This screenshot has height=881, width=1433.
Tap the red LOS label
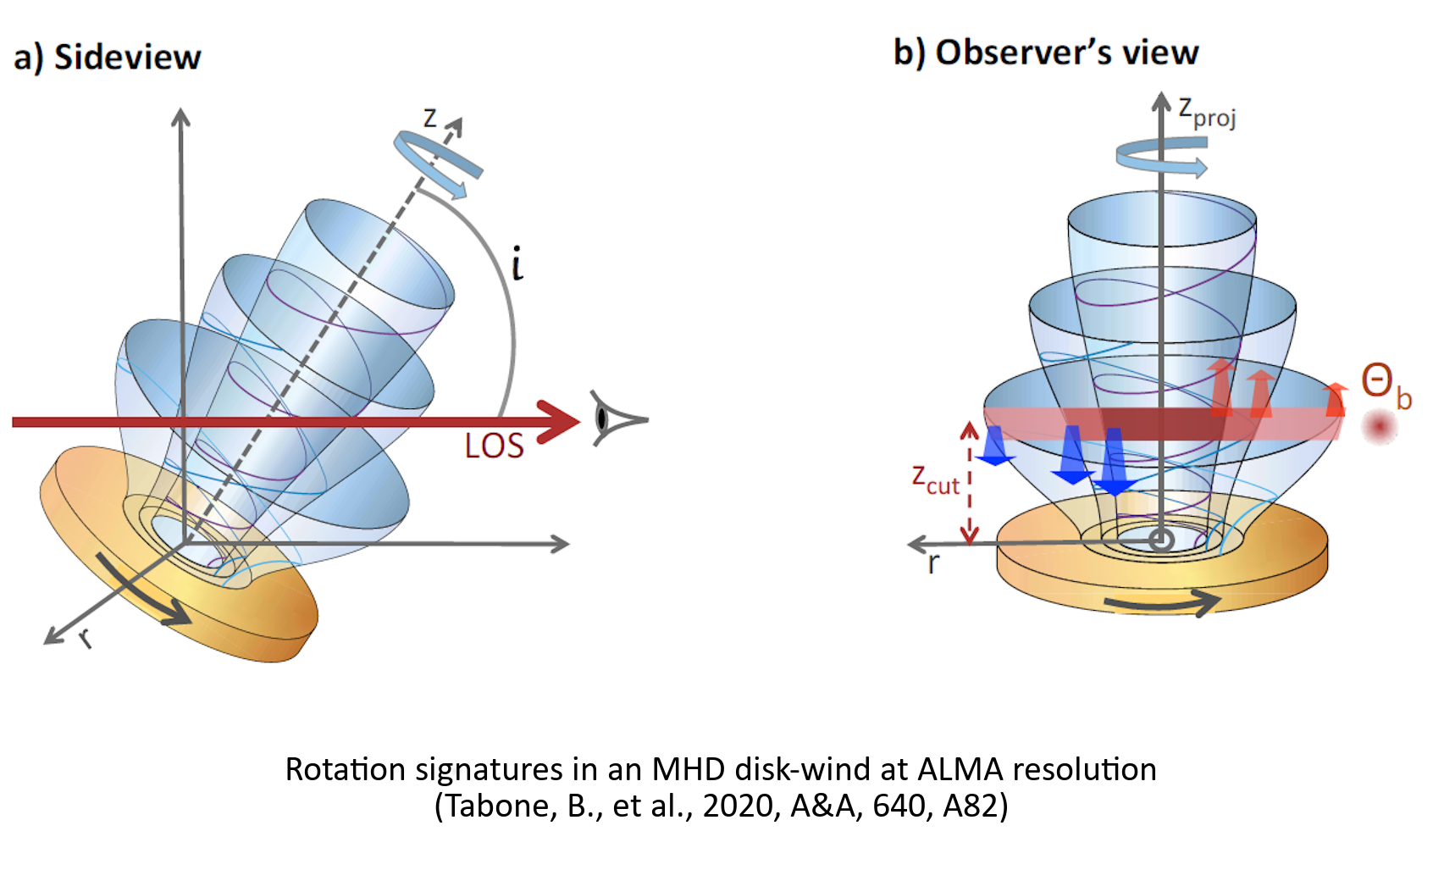click(x=494, y=446)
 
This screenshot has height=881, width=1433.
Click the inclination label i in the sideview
click(x=517, y=263)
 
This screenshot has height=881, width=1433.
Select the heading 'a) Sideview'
click(x=108, y=58)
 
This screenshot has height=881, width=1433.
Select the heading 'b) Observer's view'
click(x=1046, y=53)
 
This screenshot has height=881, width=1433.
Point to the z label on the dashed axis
click(x=430, y=118)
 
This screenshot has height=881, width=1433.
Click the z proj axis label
click(x=1207, y=112)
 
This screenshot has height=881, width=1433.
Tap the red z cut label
click(x=935, y=479)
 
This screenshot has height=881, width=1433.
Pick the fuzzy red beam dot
click(x=1379, y=427)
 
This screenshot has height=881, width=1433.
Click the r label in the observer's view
click(x=933, y=562)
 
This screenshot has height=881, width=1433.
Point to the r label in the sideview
click(x=85, y=638)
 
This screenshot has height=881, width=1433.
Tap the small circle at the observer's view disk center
click(x=1161, y=540)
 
